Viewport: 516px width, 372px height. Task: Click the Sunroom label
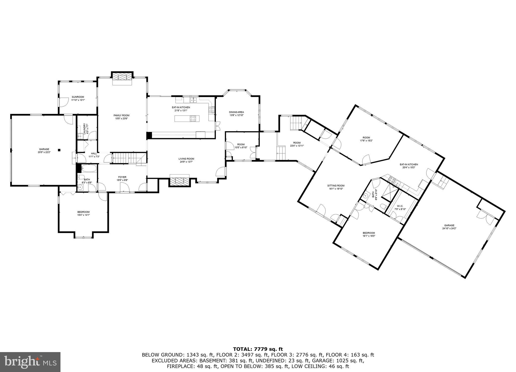tap(78, 97)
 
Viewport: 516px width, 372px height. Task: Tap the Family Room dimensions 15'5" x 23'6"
tap(121, 119)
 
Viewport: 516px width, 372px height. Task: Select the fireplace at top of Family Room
tap(122, 77)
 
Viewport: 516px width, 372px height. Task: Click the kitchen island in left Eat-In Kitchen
tap(187, 118)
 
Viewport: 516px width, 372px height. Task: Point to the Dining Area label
tap(236, 112)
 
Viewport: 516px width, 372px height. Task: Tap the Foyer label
tap(122, 177)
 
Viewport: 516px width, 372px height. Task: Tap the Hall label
tap(94, 153)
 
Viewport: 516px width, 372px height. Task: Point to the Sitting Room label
tap(336, 185)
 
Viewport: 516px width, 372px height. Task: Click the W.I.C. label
tap(400, 206)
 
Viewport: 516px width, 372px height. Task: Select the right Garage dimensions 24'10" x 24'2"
tap(449, 228)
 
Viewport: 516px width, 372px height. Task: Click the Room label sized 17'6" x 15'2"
tap(366, 137)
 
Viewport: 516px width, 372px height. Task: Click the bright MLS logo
tap(30, 362)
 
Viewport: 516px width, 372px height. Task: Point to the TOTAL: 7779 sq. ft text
tap(258, 349)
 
